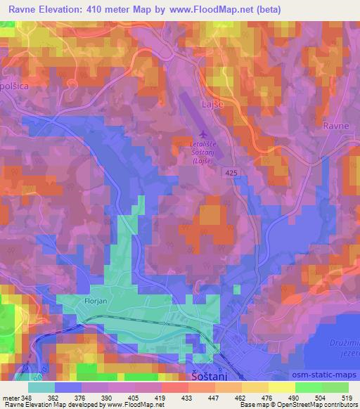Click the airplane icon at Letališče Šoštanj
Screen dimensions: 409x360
203,134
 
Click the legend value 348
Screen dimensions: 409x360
29,397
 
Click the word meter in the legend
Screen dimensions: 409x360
11,397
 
